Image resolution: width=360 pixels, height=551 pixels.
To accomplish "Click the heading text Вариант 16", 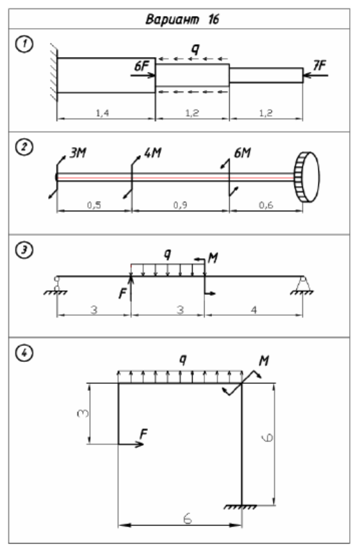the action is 182,19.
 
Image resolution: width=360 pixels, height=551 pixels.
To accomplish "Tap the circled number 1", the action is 24,44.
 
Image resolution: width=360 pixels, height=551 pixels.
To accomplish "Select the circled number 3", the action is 24,250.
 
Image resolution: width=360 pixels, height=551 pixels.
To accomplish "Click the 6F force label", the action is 142,66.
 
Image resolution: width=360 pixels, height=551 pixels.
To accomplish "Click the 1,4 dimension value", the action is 102,113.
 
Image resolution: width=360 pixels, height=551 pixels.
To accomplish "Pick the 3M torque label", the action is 78,153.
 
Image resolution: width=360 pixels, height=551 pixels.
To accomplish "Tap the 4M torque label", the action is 153,153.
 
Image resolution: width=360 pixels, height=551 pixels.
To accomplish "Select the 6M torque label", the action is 243,153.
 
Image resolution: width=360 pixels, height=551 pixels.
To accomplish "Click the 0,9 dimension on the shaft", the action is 180,205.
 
